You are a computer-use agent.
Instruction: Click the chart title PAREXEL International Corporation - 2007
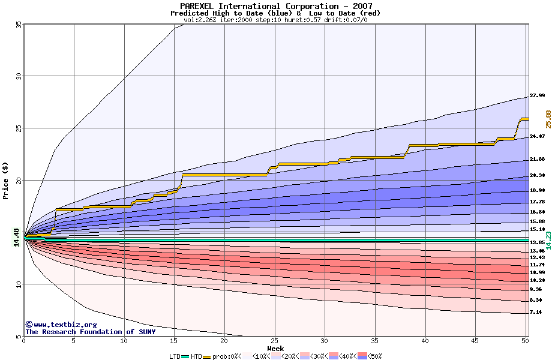275,6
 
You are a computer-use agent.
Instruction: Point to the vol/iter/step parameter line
275,20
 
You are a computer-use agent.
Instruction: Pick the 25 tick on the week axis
274,341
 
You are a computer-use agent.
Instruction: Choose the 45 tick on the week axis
475,341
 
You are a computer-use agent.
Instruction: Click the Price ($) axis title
6,180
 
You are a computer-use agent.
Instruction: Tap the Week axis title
275,349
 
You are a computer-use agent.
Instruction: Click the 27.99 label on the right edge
537,96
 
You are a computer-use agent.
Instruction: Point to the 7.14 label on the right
536,313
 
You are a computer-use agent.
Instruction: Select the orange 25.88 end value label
548,119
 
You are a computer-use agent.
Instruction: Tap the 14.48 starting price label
17,239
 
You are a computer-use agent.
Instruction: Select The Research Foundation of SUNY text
90,332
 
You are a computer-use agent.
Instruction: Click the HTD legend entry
196,356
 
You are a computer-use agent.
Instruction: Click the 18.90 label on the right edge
537,191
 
